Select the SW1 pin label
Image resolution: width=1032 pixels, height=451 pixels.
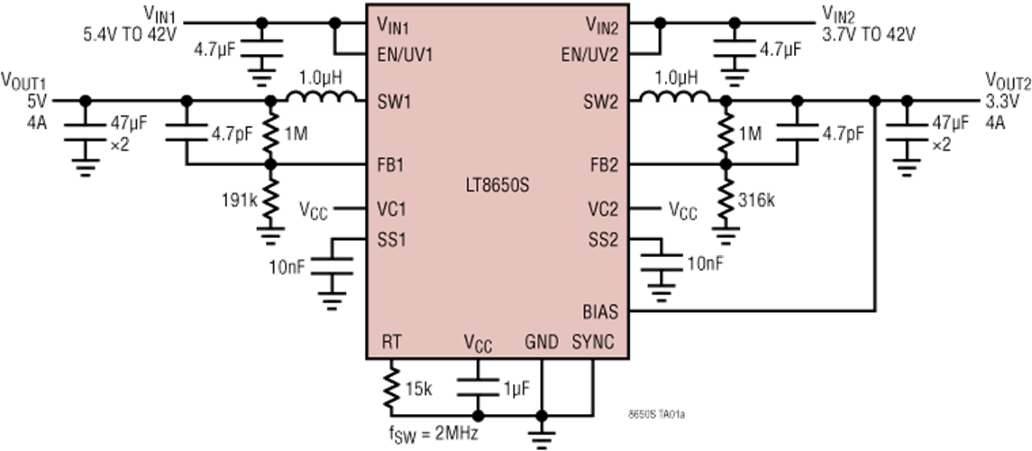click(395, 102)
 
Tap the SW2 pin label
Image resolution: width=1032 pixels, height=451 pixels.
click(601, 102)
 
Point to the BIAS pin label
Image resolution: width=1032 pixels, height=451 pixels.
click(600, 311)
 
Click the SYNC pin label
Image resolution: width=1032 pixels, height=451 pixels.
click(593, 342)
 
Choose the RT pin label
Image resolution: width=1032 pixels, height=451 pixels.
click(391, 342)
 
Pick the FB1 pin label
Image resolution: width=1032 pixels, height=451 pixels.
click(394, 165)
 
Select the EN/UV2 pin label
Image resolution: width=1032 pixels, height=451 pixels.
click(589, 54)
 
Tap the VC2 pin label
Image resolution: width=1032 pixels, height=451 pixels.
click(602, 208)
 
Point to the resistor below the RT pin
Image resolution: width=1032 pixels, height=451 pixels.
click(391, 387)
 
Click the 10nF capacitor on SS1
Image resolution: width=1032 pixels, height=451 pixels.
click(332, 268)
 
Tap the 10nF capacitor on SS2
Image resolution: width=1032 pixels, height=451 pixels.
click(662, 262)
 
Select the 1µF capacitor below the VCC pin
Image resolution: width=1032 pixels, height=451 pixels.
click(479, 387)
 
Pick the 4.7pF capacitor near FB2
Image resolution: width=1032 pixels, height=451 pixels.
click(797, 133)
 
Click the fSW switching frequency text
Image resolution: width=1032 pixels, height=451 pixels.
click(433, 432)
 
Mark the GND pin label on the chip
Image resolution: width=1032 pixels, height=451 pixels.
click(543, 342)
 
